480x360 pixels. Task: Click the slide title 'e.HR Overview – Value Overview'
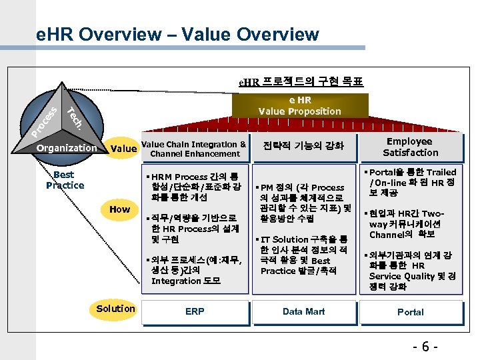click(x=178, y=34)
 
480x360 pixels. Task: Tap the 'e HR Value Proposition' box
click(x=299, y=106)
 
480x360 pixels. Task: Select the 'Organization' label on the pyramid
click(x=67, y=148)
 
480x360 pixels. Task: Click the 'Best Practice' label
click(x=65, y=180)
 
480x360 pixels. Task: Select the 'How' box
click(x=119, y=209)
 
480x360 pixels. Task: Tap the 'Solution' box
click(x=115, y=308)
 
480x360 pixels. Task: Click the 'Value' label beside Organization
click(x=123, y=149)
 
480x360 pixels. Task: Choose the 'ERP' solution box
click(x=195, y=311)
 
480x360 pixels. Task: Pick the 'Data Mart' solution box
click(x=303, y=311)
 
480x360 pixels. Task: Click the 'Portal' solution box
click(x=410, y=311)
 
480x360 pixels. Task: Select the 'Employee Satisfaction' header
click(x=410, y=147)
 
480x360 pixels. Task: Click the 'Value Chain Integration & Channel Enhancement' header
click(x=195, y=149)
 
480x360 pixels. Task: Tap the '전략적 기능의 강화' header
click(x=303, y=146)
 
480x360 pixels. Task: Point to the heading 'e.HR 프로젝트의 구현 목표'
click(x=301, y=82)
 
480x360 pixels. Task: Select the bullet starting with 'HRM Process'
click(x=193, y=187)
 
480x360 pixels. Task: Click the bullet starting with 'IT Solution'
click(x=303, y=255)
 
